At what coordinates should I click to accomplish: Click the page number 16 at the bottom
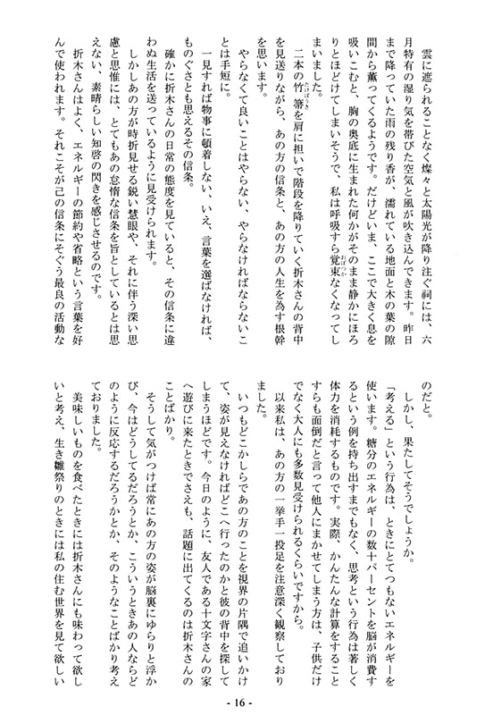coord(246,702)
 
